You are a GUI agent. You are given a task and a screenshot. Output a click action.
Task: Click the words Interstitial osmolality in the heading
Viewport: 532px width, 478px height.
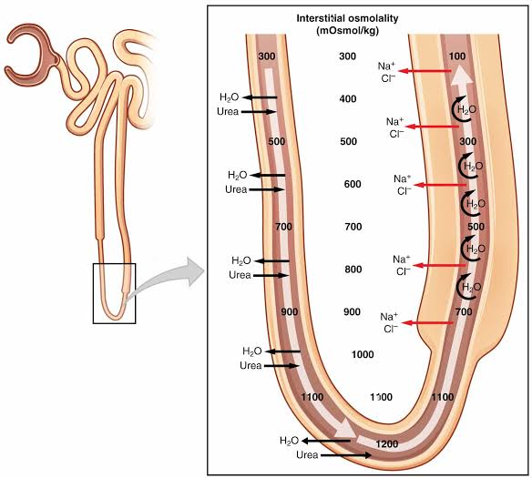(x=347, y=18)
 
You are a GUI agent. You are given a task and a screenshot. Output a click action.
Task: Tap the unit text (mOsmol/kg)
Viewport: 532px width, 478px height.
(x=348, y=31)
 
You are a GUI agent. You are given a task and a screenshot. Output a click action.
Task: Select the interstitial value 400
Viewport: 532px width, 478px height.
(x=348, y=98)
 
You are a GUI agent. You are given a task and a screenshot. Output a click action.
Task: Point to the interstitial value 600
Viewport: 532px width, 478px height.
(x=353, y=184)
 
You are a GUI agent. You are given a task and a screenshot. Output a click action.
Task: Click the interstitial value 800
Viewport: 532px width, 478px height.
(x=353, y=270)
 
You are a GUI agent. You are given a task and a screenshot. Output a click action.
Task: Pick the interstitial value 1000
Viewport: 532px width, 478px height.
(x=363, y=354)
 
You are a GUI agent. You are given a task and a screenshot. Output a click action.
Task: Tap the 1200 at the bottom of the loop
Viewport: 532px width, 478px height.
(x=387, y=443)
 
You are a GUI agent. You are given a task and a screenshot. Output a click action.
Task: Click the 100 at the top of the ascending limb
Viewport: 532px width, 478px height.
(x=457, y=56)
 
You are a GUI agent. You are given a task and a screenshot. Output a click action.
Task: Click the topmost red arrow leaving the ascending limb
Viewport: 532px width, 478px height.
(x=424, y=71)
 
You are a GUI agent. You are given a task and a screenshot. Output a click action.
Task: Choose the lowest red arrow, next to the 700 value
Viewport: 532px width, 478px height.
(x=427, y=323)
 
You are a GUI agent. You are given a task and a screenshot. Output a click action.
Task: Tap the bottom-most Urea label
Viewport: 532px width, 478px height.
(x=307, y=454)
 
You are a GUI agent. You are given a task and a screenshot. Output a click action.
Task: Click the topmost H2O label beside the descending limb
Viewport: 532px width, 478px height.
(x=230, y=97)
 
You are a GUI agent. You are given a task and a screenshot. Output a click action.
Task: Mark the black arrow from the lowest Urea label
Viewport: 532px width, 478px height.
(x=346, y=455)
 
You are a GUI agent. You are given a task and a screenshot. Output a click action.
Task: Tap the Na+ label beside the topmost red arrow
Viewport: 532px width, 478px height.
(x=386, y=66)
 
